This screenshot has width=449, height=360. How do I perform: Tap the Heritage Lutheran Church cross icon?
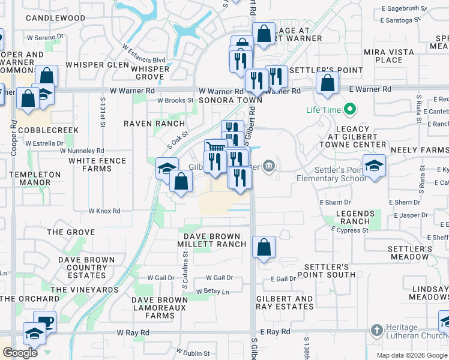tap(376, 331)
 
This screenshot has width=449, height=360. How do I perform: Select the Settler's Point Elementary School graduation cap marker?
tap(375, 166)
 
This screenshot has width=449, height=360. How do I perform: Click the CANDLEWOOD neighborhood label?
tap(55, 18)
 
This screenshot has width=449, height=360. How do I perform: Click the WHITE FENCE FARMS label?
tap(98, 164)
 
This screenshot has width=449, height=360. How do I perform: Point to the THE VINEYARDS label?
tap(85, 290)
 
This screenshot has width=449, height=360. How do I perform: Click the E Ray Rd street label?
tap(276, 332)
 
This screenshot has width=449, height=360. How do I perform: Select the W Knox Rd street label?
tap(104, 211)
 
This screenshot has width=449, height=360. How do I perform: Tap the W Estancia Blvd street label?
tap(143, 60)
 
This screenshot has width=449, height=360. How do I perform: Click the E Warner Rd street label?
tap(370, 89)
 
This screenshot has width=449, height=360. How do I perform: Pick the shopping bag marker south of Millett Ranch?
tap(264, 247)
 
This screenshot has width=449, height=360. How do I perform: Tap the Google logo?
tap(20, 353)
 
